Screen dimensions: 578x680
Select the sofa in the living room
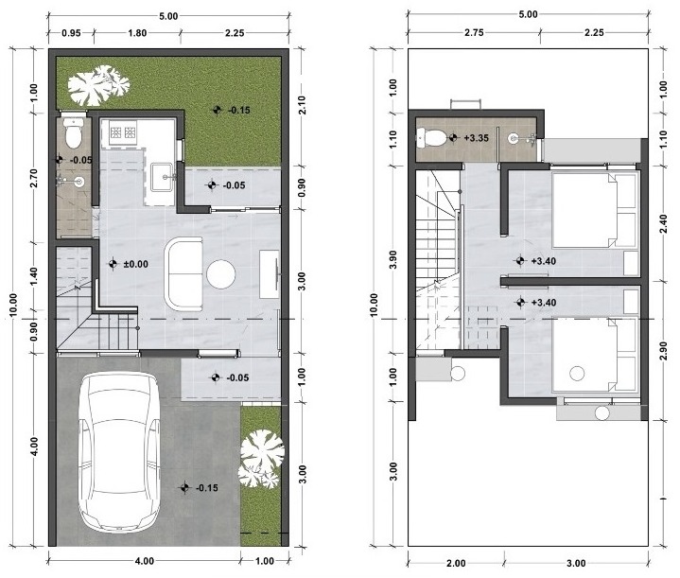[x=184, y=273]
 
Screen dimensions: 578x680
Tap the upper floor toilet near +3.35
[x=434, y=138]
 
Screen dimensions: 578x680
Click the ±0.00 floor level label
[x=136, y=264]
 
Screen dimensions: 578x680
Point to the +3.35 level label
[x=476, y=138]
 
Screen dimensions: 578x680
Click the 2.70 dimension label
[x=33, y=180]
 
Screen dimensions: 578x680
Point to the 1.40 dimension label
[x=33, y=277]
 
